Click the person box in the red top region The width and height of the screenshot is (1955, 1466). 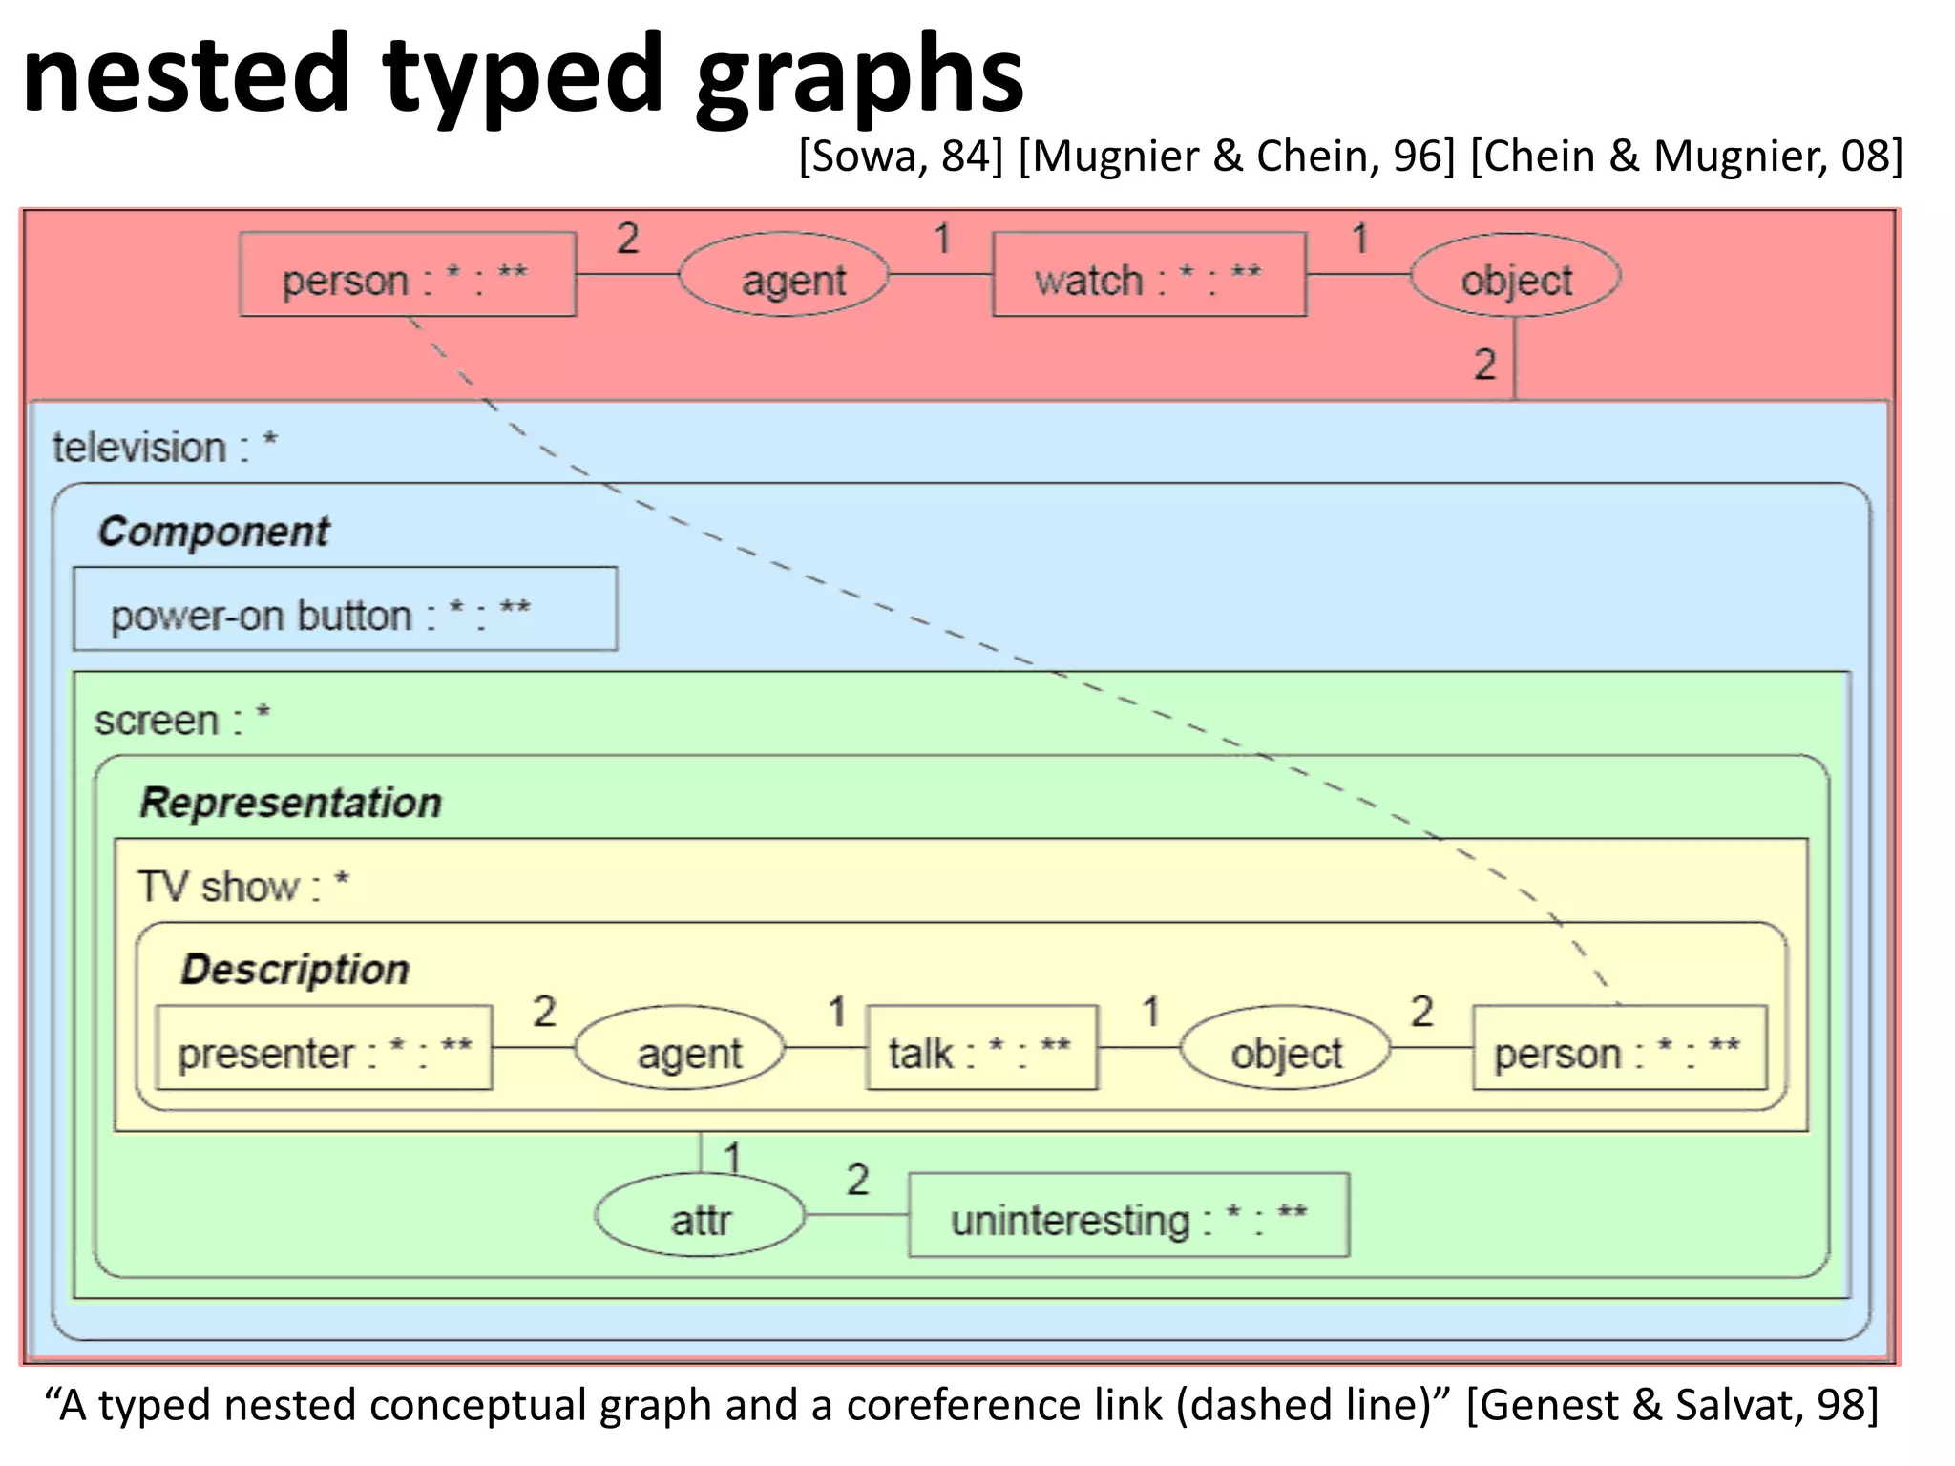(408, 275)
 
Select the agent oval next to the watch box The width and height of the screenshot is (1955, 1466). (784, 276)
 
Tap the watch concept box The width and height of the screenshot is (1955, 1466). (1148, 275)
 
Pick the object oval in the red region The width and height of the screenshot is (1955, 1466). (1515, 276)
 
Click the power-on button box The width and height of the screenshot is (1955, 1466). (345, 610)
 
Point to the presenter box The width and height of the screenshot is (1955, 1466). (324, 1048)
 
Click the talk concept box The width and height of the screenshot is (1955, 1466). (981, 1048)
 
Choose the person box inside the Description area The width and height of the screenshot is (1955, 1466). (1619, 1048)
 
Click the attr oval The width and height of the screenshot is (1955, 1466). (700, 1215)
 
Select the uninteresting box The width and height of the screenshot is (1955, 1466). (1128, 1215)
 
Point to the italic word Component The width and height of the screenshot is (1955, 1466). (214, 532)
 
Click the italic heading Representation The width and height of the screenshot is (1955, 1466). (291, 803)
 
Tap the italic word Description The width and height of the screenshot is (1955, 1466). (295, 970)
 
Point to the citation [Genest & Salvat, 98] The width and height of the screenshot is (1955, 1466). (1671, 1405)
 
